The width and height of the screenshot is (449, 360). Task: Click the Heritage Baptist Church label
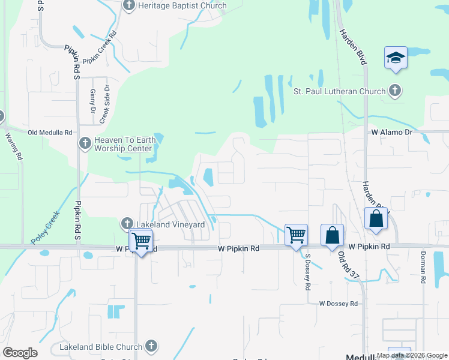182,6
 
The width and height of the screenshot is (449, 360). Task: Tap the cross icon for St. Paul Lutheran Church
394,91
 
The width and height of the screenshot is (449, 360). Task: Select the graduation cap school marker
396,58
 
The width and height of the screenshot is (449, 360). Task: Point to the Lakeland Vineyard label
171,224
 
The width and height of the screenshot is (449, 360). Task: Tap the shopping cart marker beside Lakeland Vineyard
140,241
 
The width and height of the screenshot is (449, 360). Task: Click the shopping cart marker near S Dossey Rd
296,235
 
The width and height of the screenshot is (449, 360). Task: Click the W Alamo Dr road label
393,131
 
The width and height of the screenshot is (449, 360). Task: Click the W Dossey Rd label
338,304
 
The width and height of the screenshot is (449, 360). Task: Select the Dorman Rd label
423,268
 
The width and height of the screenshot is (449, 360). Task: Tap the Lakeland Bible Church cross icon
151,346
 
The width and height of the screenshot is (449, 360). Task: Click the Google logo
20,353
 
